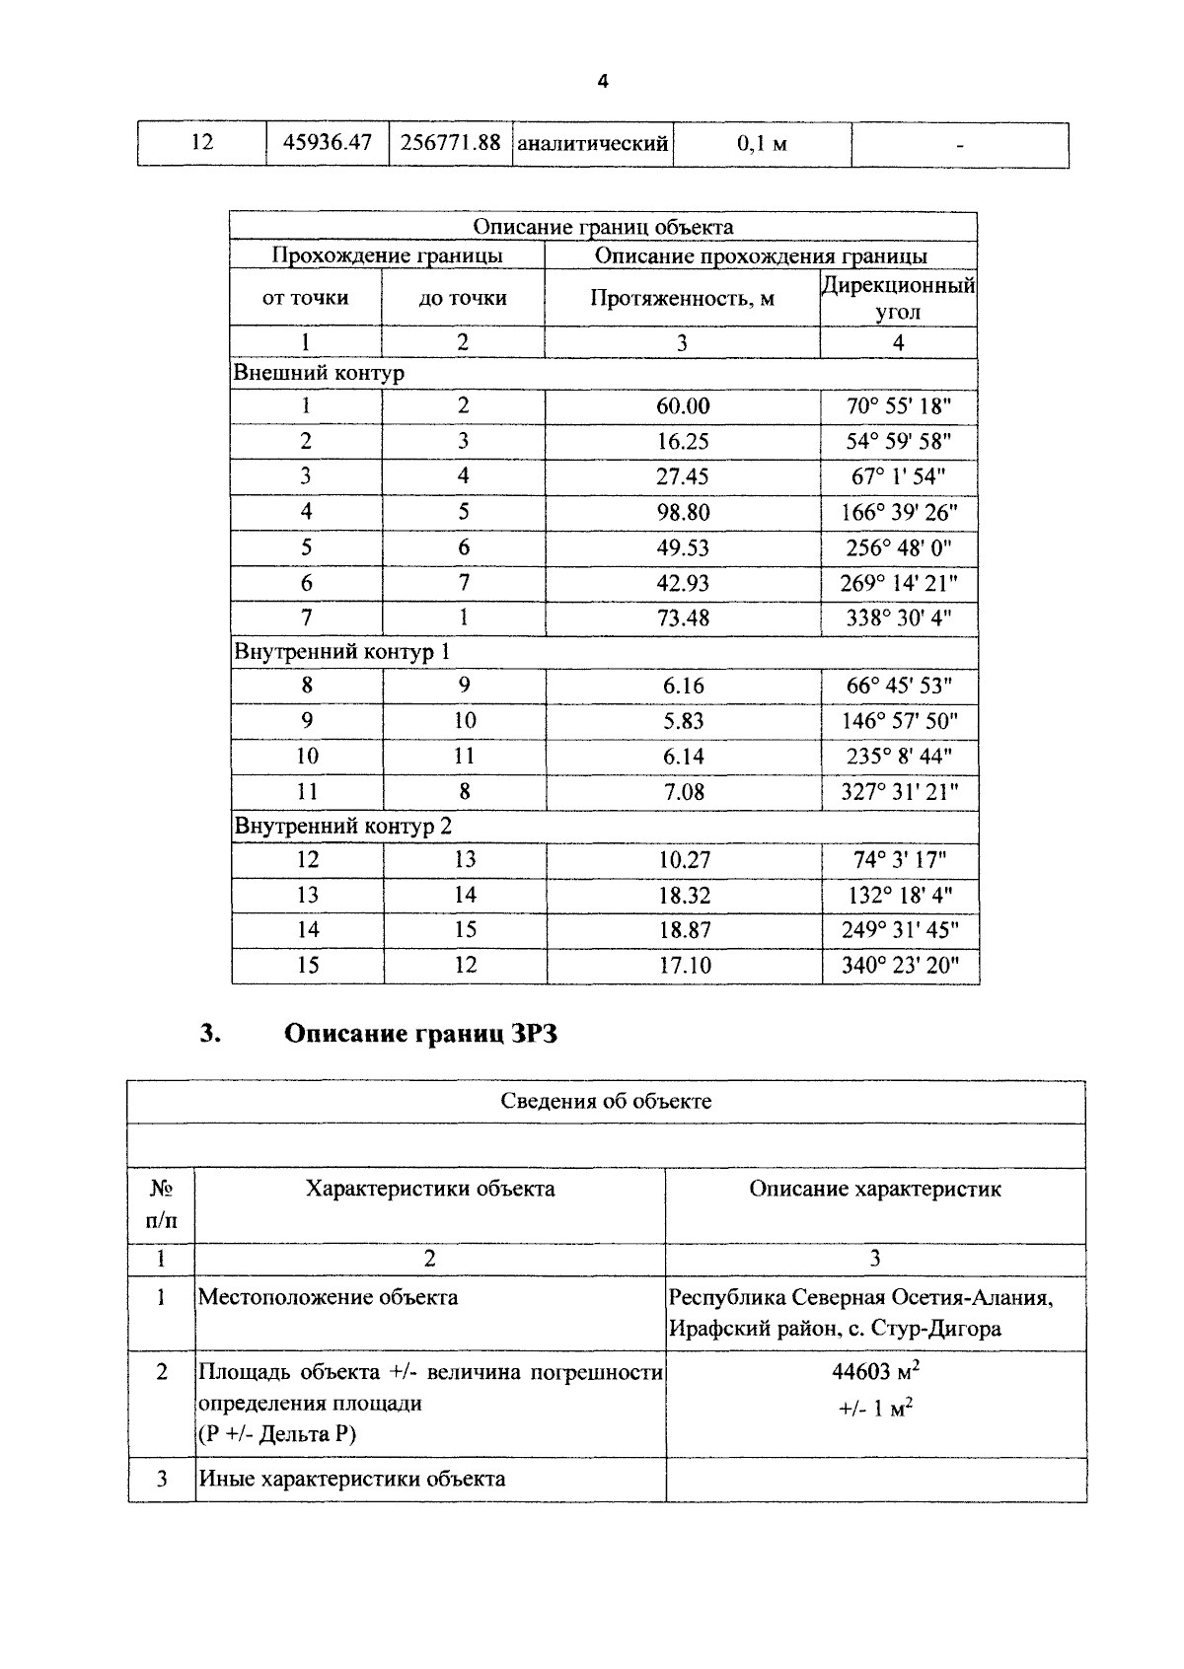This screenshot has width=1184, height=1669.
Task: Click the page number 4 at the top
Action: click(x=603, y=82)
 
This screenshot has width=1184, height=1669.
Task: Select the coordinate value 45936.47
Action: click(x=328, y=143)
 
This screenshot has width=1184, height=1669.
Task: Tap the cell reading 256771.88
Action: click(x=450, y=143)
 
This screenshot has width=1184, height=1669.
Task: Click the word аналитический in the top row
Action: click(x=593, y=144)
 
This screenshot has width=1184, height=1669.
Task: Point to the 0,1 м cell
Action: click(x=762, y=144)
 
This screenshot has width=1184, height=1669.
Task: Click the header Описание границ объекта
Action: click(x=603, y=227)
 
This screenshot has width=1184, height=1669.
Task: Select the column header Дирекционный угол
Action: click(x=898, y=299)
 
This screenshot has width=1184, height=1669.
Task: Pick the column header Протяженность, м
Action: click(x=682, y=299)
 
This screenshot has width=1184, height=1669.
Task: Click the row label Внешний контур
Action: click(x=319, y=374)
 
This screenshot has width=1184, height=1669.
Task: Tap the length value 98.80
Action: click(x=683, y=512)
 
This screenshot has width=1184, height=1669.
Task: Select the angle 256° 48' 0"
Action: click(x=898, y=547)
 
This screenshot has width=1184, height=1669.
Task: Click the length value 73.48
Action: click(x=683, y=618)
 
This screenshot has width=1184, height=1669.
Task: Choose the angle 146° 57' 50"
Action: click(x=899, y=721)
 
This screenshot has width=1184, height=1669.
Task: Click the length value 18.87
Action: click(x=684, y=930)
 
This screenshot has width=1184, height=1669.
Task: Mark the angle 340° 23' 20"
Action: click(x=899, y=966)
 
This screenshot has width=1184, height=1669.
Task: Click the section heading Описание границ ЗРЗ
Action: click(x=420, y=1034)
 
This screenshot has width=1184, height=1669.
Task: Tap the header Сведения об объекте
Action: click(x=606, y=1101)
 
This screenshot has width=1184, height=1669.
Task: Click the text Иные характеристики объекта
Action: click(x=352, y=1479)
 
